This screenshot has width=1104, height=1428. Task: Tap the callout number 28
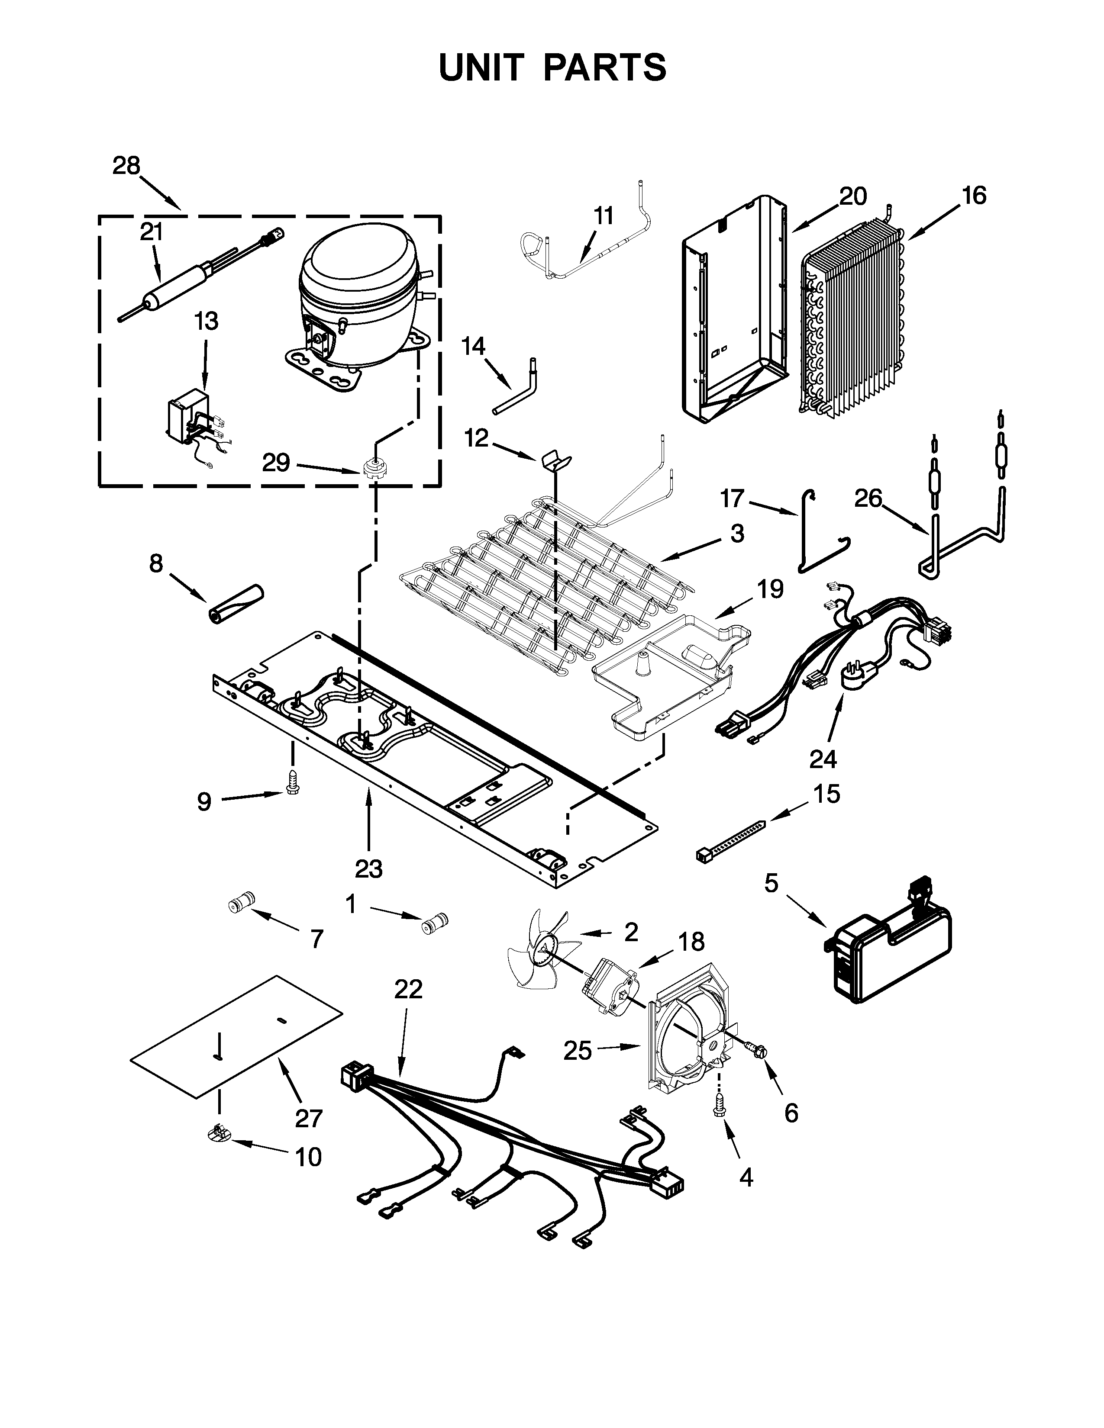[x=126, y=166]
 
